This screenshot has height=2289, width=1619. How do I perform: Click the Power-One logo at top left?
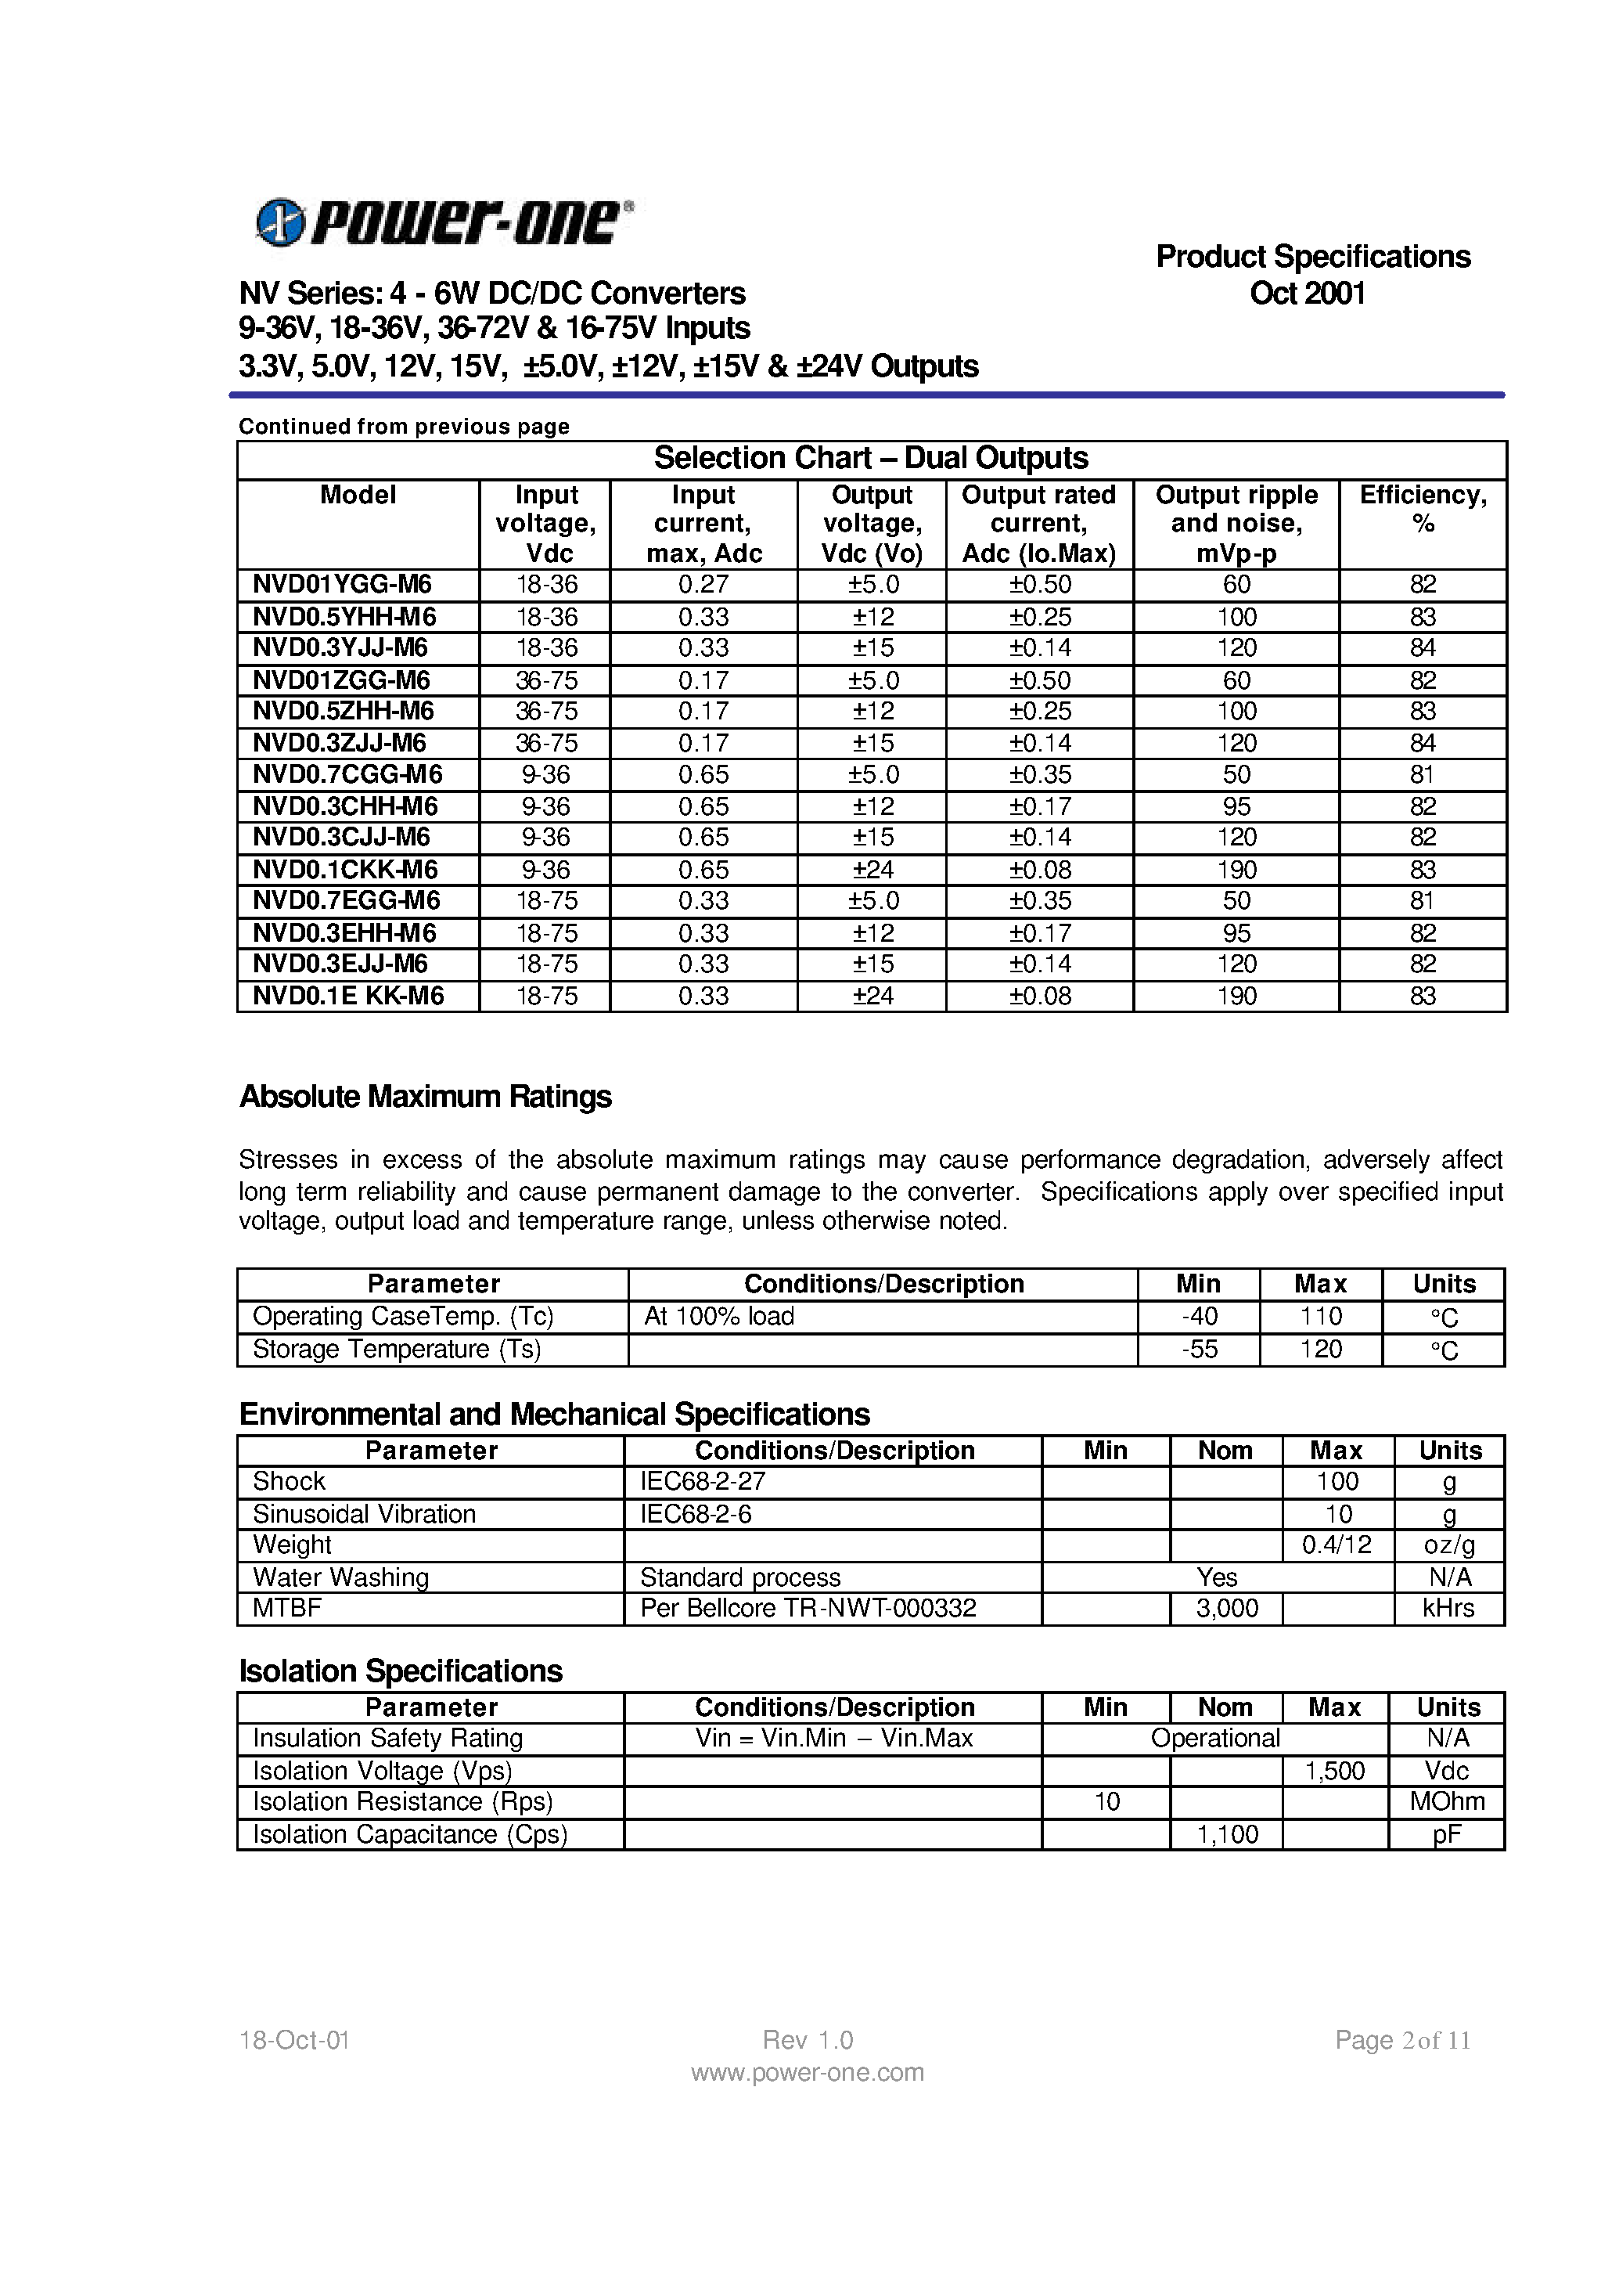[444, 222]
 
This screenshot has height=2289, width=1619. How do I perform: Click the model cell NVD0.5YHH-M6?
[344, 616]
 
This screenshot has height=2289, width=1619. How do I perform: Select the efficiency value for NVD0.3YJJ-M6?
[1422, 648]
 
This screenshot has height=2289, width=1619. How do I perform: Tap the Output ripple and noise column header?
[1236, 524]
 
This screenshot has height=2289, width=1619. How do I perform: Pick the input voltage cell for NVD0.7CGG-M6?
[545, 775]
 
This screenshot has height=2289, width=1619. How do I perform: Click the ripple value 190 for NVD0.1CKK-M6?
[1236, 870]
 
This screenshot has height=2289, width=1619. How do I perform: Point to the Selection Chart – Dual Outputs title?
[870, 458]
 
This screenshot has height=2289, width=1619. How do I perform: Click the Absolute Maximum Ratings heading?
[425, 1096]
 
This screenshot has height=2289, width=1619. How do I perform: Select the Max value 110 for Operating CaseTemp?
[1320, 1317]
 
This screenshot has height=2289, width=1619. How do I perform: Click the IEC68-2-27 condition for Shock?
[702, 1481]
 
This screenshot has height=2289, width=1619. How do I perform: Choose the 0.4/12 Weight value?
[1336, 1545]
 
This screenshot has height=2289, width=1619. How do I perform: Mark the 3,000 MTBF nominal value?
[1226, 1608]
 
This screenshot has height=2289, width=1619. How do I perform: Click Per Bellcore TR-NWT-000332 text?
[808, 1608]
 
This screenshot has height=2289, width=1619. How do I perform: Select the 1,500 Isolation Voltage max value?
[1334, 1770]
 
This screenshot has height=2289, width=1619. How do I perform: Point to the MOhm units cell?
[1447, 1801]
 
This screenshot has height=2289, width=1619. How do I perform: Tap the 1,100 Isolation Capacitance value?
[1226, 1834]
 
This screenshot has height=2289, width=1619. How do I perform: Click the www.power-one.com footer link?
[808, 2073]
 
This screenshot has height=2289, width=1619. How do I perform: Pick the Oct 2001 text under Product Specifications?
[1307, 294]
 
